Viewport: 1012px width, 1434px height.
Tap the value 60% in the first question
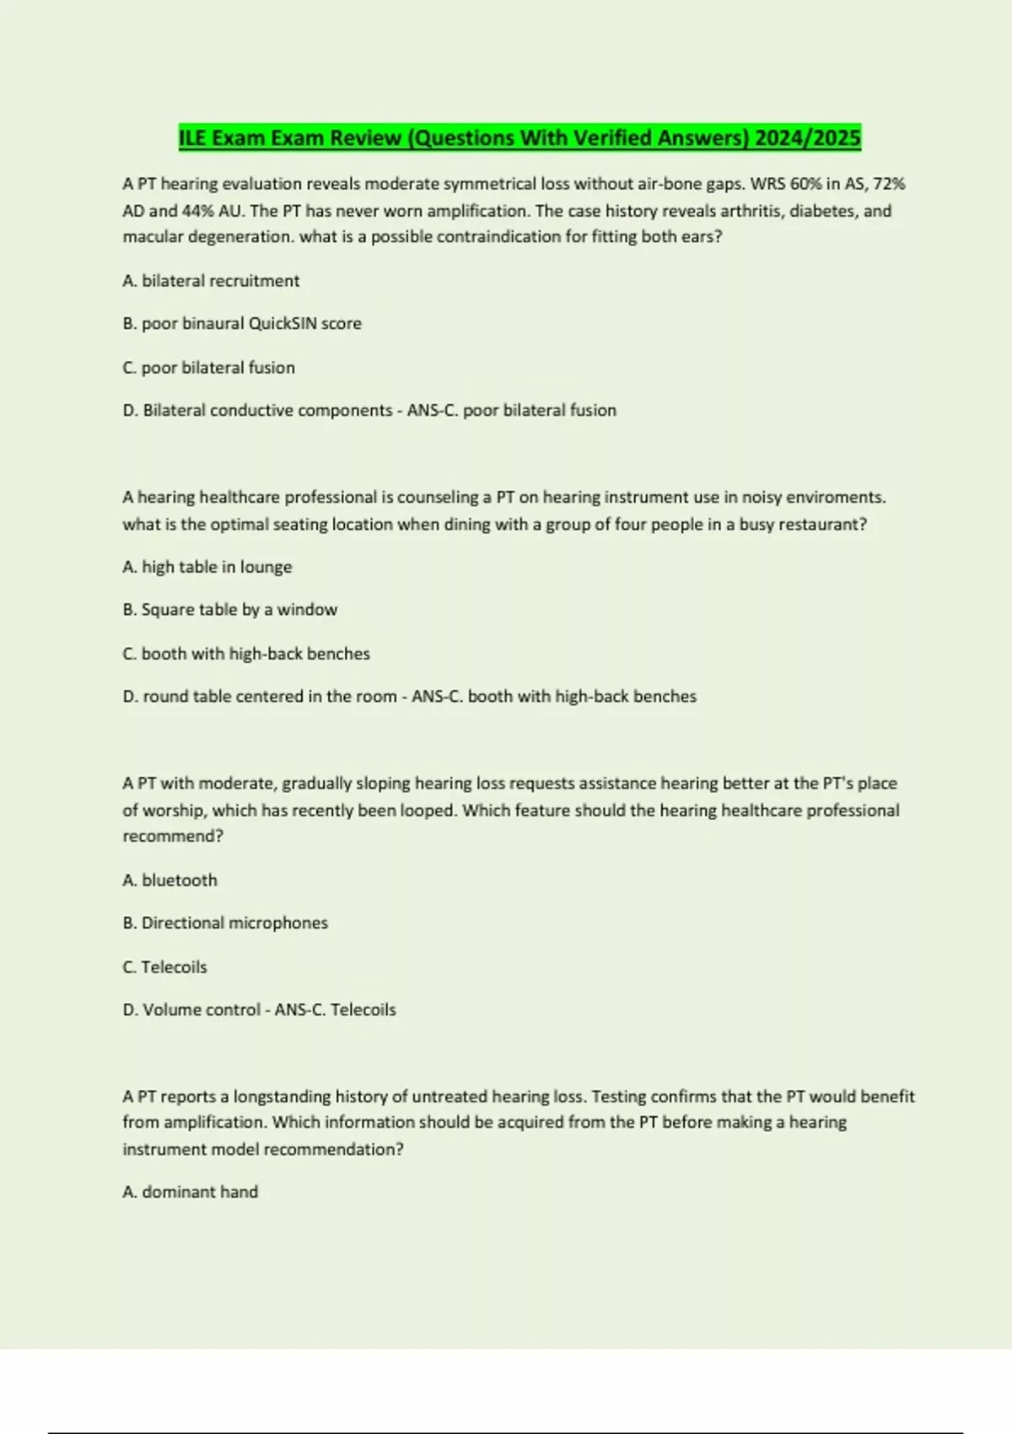click(x=806, y=184)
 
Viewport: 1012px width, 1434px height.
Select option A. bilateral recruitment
click(x=211, y=281)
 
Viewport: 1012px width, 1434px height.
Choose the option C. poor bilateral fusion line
click(x=209, y=368)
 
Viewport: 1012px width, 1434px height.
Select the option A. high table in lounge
click(x=207, y=567)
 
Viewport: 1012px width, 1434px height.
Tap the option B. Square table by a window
click(x=230, y=610)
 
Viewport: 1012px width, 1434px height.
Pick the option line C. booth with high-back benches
click(x=246, y=654)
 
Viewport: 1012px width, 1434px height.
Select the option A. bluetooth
click(x=170, y=881)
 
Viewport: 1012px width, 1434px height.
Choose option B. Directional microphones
click(x=225, y=923)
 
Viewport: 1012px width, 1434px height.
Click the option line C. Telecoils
click(x=165, y=968)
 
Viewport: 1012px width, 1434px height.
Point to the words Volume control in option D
click(x=201, y=1010)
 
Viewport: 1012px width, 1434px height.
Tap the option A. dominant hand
click(x=191, y=1192)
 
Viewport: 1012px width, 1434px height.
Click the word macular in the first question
click(x=153, y=237)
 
